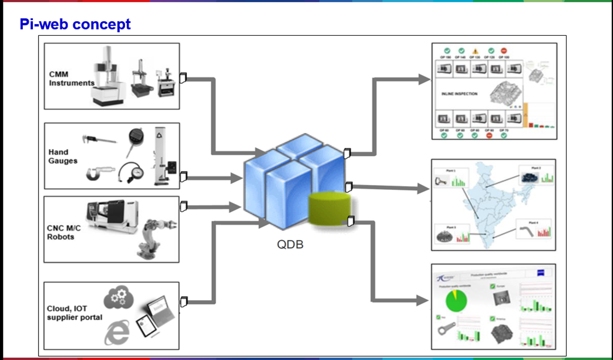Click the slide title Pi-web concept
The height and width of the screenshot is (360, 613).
[75, 24]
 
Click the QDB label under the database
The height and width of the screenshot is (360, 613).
[290, 245]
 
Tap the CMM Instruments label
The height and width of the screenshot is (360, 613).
[71, 78]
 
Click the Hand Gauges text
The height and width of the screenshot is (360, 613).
[63, 156]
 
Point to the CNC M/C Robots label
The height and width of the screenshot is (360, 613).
[64, 232]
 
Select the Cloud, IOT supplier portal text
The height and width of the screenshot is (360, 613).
[74, 313]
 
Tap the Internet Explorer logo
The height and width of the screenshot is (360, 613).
[117, 332]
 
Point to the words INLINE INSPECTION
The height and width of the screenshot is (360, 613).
[460, 94]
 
